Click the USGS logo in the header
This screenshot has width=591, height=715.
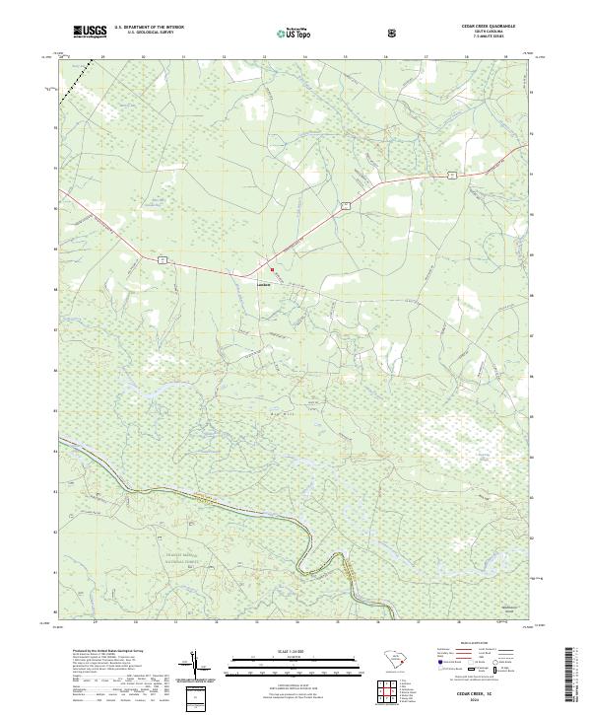[x=91, y=32]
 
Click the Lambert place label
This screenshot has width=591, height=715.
[x=263, y=277]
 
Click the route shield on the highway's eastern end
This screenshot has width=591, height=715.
[x=448, y=174]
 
